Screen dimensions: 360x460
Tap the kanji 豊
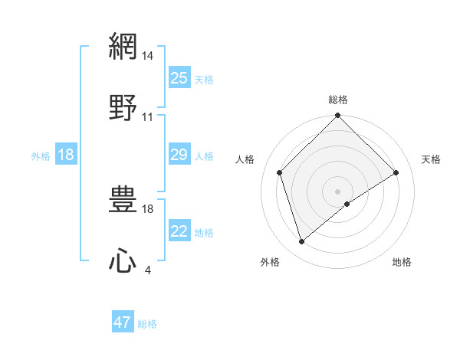(x=123, y=201)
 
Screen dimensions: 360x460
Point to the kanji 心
(x=123, y=260)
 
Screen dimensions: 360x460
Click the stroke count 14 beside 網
(x=148, y=56)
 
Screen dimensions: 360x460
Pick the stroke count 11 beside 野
(x=148, y=117)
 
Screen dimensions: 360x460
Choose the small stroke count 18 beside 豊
(x=148, y=208)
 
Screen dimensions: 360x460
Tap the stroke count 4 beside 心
(x=148, y=269)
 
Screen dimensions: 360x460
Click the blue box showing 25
(x=179, y=78)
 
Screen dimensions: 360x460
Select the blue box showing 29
(x=179, y=155)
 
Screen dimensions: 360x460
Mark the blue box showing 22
(x=179, y=231)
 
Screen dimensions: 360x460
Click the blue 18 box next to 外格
(x=66, y=155)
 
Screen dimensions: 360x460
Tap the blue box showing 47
(x=123, y=322)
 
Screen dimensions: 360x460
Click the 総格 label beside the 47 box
(x=147, y=324)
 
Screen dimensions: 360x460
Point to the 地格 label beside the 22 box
(x=204, y=233)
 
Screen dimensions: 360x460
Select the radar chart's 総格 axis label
(x=338, y=100)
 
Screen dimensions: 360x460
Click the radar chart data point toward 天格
(x=396, y=172)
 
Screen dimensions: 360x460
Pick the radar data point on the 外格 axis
(x=302, y=242)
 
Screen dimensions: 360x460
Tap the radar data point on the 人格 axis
(x=280, y=172)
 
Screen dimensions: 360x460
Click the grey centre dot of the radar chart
(x=338, y=191)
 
